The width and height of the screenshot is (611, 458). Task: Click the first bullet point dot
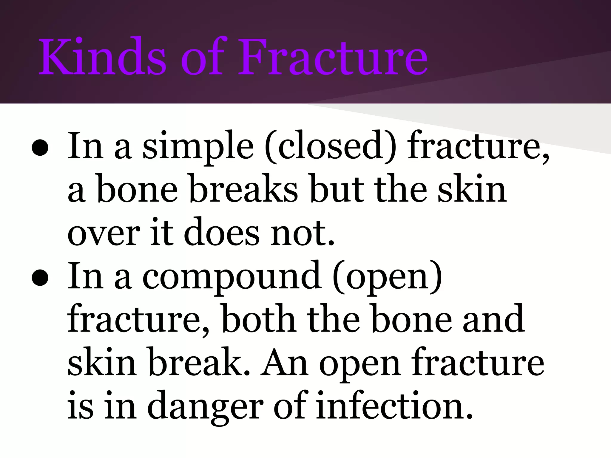coord(40,148)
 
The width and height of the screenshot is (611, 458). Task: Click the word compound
coord(232,277)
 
